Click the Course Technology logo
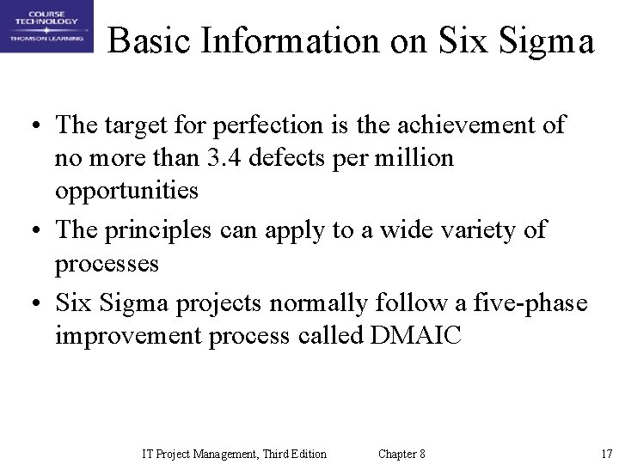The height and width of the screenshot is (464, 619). click(x=46, y=27)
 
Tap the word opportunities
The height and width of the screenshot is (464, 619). click(x=126, y=191)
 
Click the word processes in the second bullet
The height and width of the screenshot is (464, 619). click(x=107, y=263)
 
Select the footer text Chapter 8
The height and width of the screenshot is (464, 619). click(x=401, y=454)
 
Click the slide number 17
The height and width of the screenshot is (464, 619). click(x=605, y=454)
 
